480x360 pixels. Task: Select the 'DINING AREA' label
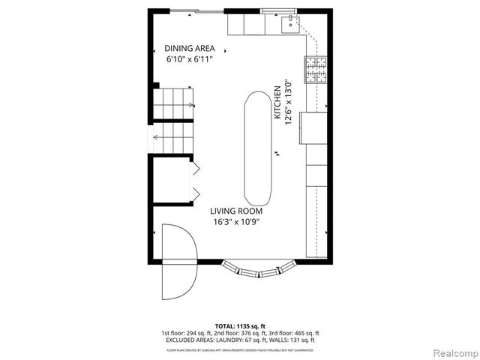190,48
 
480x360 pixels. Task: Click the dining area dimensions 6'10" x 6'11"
190,58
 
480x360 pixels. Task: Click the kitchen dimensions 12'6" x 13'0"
287,106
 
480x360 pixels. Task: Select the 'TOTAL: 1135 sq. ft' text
240,326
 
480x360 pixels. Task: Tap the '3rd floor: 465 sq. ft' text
293,333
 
